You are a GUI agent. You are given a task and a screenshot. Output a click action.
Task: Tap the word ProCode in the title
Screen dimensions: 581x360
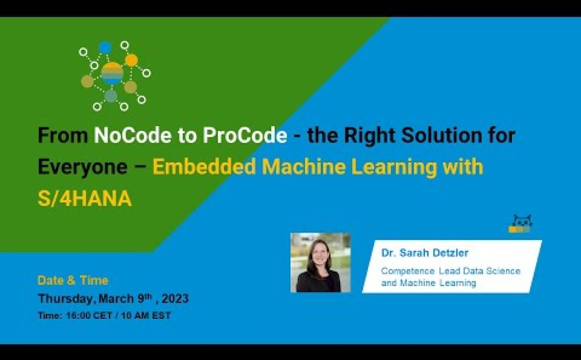pyautogui.click(x=245, y=135)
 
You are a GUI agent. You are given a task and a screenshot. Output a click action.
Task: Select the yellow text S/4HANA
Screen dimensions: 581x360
pyautogui.click(x=85, y=199)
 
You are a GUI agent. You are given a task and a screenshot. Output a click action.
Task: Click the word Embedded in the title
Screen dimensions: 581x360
pyautogui.click(x=204, y=167)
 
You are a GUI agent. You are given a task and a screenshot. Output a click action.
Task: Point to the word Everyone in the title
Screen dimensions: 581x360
pyautogui.click(x=82, y=167)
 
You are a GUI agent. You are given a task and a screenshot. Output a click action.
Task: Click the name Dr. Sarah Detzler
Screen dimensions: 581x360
pyautogui.click(x=425, y=253)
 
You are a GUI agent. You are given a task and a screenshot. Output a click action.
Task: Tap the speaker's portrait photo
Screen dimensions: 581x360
pyautogui.click(x=320, y=263)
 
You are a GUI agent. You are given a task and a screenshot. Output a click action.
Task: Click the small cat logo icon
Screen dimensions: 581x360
pyautogui.click(x=520, y=224)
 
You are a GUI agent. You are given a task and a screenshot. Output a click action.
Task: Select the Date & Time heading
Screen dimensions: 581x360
pyautogui.click(x=73, y=281)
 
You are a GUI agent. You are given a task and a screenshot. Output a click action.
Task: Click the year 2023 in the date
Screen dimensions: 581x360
pyautogui.click(x=175, y=298)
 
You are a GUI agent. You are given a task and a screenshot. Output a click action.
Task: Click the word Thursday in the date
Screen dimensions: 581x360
pyautogui.click(x=65, y=299)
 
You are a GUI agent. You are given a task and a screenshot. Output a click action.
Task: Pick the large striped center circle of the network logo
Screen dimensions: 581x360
pyautogui.click(x=112, y=73)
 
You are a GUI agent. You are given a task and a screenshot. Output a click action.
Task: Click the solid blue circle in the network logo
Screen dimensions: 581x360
pyautogui.click(x=105, y=48)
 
